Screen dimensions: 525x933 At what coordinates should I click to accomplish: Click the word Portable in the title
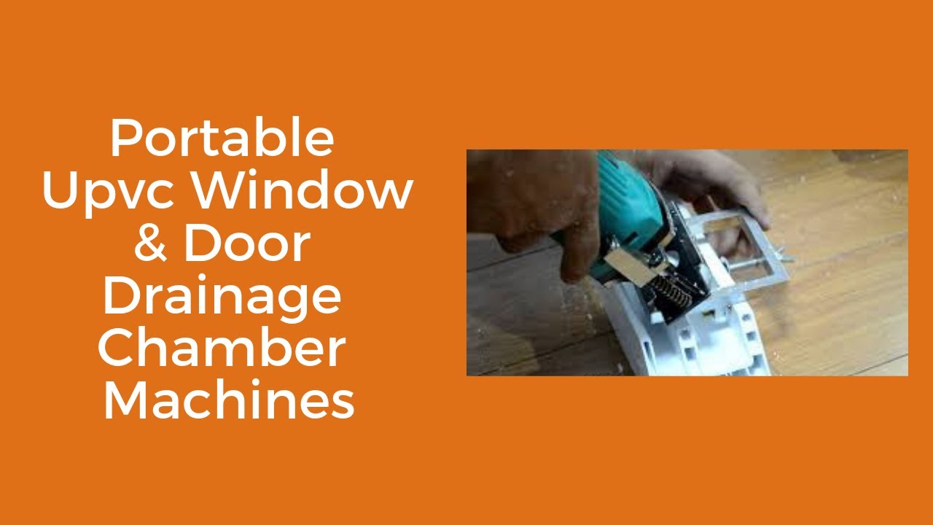pyautogui.click(x=222, y=139)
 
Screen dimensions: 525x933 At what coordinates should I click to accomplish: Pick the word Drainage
pyautogui.click(x=222, y=297)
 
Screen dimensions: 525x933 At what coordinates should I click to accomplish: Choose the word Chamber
pyautogui.click(x=222, y=349)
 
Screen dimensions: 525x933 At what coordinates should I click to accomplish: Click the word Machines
pyautogui.click(x=229, y=401)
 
